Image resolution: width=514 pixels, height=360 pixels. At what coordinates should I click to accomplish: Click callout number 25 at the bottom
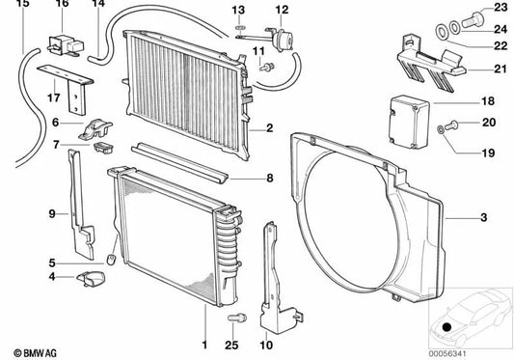(x=230, y=346)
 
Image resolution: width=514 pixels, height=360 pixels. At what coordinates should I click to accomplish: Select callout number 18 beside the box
(x=487, y=101)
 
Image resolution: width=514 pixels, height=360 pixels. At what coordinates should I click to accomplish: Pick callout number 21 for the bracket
(x=487, y=69)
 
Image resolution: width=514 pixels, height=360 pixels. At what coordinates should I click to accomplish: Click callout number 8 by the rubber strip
(x=271, y=179)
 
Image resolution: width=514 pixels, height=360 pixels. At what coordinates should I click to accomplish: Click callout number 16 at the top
(x=63, y=6)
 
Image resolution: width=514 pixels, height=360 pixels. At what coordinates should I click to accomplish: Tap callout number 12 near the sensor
(x=282, y=10)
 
